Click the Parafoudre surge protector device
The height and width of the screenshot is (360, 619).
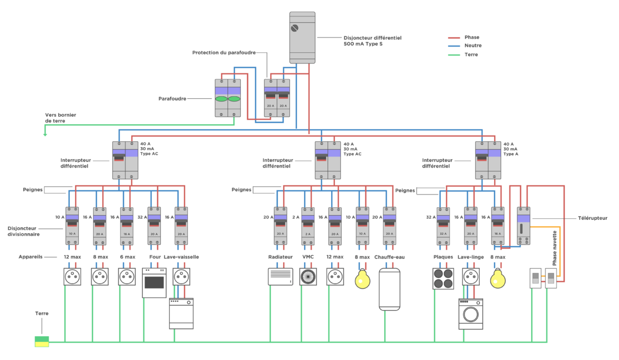coord(227,98)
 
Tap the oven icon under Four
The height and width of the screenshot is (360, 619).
coord(154,283)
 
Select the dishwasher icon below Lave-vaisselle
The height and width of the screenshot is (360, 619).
coord(181,313)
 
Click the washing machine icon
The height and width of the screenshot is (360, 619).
coord(470,314)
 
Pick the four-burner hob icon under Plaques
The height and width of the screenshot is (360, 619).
coord(443,279)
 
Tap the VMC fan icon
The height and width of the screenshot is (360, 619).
coord(308,277)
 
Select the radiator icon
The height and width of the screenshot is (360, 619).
coord(280,277)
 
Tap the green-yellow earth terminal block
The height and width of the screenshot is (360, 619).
coord(42,341)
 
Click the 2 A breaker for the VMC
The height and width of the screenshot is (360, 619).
coord(308,226)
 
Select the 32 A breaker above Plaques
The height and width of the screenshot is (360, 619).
coord(443,226)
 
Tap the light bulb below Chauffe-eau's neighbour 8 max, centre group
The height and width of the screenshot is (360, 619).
coord(362,278)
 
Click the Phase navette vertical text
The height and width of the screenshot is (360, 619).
coord(554,248)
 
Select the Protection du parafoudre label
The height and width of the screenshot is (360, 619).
coord(224,52)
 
